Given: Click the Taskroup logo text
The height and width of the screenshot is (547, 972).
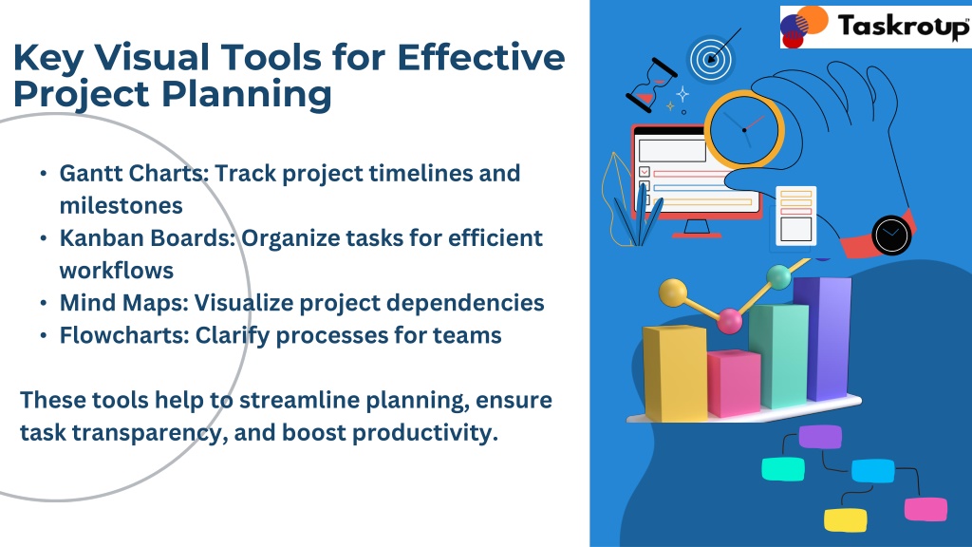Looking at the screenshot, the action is pyautogui.click(x=903, y=27).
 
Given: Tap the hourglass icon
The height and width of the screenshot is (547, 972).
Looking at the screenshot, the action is pyautogui.click(x=651, y=85).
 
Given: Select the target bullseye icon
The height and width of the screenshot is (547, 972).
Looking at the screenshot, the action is pyautogui.click(x=711, y=60).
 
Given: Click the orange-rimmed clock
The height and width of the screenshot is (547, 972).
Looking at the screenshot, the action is pyautogui.click(x=744, y=129).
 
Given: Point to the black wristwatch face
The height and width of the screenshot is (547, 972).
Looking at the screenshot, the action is pyautogui.click(x=891, y=236).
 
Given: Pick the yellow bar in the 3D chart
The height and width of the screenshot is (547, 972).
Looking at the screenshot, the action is pyautogui.click(x=675, y=372).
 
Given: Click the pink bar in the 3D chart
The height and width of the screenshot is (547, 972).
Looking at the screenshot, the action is pyautogui.click(x=734, y=383).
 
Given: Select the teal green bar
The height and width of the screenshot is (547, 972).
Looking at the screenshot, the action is pyautogui.click(x=778, y=355).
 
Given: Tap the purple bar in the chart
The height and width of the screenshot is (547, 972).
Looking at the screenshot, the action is pyautogui.click(x=823, y=338).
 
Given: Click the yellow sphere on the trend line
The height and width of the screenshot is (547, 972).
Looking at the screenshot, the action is pyautogui.click(x=673, y=292).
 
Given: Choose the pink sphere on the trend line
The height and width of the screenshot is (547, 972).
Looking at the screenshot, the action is pyautogui.click(x=730, y=321).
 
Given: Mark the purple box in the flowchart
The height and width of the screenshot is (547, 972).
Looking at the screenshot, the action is pyautogui.click(x=820, y=437).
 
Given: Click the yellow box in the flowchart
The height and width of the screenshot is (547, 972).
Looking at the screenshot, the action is pyautogui.click(x=846, y=519).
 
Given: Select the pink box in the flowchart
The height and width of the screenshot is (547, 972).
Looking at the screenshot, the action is pyautogui.click(x=925, y=509).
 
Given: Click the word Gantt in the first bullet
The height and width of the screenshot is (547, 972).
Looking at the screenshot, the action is pyautogui.click(x=89, y=174).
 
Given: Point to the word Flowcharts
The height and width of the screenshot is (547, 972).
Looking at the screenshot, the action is pyautogui.click(x=124, y=335).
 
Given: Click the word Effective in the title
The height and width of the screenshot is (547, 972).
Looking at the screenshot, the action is pyautogui.click(x=481, y=57).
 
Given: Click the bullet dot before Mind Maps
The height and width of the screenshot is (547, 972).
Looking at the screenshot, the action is pyautogui.click(x=44, y=303).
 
